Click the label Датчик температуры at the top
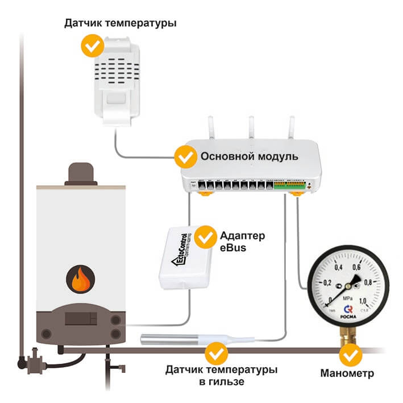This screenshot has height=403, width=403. click(120, 23)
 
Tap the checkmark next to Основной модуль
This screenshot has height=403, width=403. click(184, 155)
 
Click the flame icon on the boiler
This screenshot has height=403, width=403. click(80, 279)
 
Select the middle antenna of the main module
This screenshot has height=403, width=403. click(250, 128)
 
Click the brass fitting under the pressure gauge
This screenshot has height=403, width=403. click(347, 335)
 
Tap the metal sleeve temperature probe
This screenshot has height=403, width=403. click(171, 340)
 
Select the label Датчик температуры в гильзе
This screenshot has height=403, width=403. click(222, 376)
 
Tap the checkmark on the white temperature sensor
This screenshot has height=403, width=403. click(92, 46)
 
